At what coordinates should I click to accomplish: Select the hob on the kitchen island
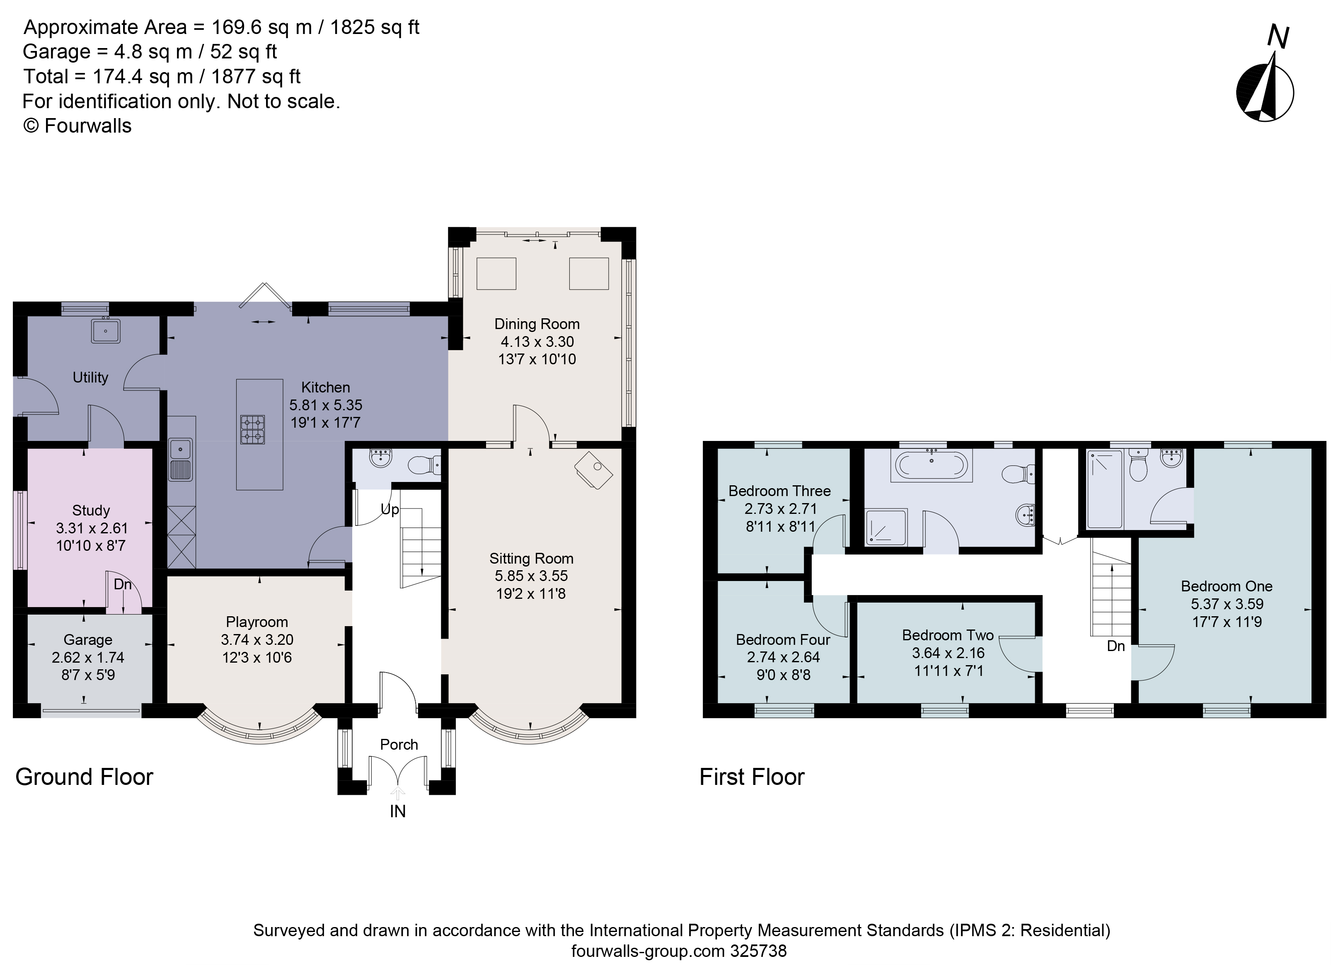click(252, 429)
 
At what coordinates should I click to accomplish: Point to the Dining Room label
click(537, 324)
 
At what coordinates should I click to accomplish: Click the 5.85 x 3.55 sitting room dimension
click(531, 576)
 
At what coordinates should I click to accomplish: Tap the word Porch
click(399, 744)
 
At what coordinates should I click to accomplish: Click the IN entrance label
click(398, 811)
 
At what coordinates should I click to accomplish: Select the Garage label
click(87, 640)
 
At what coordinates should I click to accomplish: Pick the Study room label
click(91, 511)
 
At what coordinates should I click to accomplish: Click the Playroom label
click(257, 622)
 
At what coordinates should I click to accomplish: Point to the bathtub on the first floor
click(932, 465)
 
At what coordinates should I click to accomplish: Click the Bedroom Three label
click(779, 491)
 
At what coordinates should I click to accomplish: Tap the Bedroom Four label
click(783, 640)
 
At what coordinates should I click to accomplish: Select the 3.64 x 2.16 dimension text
click(948, 653)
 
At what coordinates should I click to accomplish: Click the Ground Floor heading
click(84, 777)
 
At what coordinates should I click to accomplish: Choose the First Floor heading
click(752, 777)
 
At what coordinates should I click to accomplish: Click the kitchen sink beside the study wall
click(181, 460)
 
